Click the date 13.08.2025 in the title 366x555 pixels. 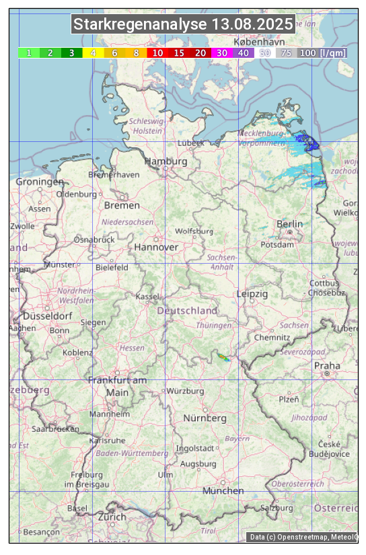(252, 25)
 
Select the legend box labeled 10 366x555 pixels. (157, 52)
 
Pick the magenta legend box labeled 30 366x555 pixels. (221, 52)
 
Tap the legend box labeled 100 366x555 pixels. (307, 52)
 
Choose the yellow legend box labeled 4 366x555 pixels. (93, 52)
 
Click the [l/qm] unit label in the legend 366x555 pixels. (333, 52)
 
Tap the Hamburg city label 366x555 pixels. (166, 161)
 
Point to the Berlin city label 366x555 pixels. (289, 223)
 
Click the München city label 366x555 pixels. (223, 490)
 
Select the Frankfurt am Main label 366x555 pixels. (117, 386)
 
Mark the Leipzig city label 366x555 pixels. (252, 294)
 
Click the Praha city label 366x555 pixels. (327, 365)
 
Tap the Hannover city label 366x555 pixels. (156, 247)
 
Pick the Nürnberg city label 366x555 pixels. (205, 418)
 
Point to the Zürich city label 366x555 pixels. (112, 517)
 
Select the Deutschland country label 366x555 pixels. (187, 310)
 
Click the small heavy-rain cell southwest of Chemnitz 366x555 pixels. (223, 357)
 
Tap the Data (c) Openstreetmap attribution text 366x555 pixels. (303, 537)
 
